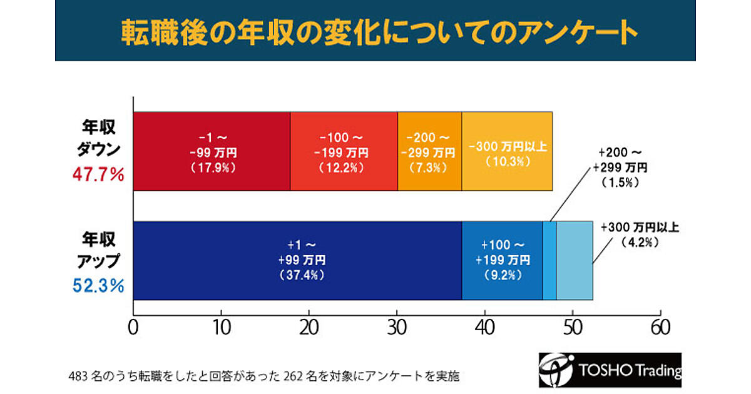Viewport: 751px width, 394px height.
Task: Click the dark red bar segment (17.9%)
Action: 212,151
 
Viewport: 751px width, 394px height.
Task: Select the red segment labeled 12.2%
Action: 344,151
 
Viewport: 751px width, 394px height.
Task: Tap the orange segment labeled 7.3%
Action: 429,151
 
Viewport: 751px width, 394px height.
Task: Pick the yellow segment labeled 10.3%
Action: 507,151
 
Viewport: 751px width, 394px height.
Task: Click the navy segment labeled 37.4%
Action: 297,261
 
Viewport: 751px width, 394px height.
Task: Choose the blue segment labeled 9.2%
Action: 502,261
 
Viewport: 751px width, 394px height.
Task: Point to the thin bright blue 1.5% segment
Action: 549,261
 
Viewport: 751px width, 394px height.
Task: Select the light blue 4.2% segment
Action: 575,261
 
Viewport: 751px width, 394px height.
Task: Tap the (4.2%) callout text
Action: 638,241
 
